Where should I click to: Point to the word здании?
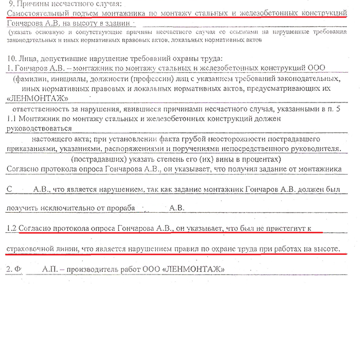click(131, 24)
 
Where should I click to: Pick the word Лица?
click(28, 58)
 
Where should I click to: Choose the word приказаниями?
click(30, 149)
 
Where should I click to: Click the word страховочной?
click(28, 249)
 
